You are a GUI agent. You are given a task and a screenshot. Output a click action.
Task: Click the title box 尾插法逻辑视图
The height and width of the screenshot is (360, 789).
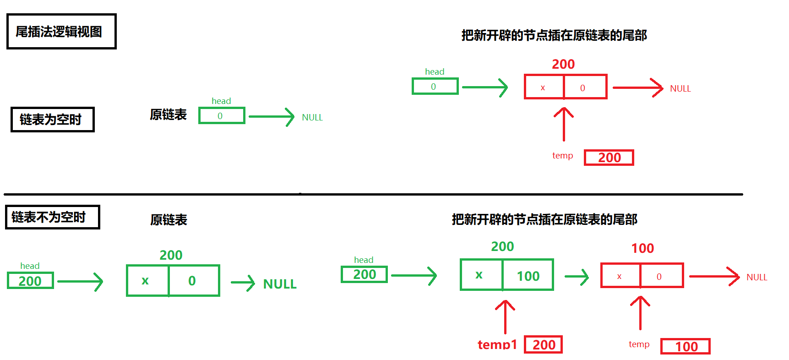[61, 31]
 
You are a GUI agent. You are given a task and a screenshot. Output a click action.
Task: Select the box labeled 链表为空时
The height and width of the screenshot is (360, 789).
[52, 120]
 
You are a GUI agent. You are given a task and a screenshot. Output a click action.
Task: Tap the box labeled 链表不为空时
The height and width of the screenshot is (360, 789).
[52, 217]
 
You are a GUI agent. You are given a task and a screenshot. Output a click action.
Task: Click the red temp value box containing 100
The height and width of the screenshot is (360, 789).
[685, 346]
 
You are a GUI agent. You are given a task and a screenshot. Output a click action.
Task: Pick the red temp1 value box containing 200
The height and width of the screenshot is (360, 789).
[543, 344]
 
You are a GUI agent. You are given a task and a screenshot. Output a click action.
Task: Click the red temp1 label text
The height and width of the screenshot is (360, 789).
[497, 344]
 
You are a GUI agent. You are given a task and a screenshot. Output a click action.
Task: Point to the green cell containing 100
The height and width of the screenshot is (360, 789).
[528, 275]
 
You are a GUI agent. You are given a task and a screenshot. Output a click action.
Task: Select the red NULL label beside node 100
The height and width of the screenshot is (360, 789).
[756, 277]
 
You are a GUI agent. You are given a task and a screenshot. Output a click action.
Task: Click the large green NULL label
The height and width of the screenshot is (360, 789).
[280, 284]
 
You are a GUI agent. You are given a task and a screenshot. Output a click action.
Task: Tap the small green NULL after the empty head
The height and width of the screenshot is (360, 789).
[312, 117]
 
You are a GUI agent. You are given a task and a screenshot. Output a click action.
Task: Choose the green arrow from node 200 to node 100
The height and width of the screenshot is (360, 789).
[577, 277]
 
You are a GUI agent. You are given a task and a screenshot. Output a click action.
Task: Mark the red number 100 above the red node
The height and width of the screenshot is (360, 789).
[642, 248]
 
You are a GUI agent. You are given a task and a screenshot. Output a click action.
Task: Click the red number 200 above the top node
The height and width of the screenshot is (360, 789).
[563, 64]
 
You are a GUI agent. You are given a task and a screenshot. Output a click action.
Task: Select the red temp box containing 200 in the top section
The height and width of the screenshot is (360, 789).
[609, 158]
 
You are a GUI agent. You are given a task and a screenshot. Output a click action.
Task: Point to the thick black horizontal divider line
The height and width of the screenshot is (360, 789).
[373, 194]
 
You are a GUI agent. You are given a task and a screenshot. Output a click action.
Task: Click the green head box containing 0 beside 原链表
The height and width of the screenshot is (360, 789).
[222, 116]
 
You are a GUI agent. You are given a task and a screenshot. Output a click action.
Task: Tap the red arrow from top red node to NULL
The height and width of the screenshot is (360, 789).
[637, 88]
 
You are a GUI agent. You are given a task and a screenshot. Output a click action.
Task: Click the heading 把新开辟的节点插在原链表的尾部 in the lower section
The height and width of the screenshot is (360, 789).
[544, 219]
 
